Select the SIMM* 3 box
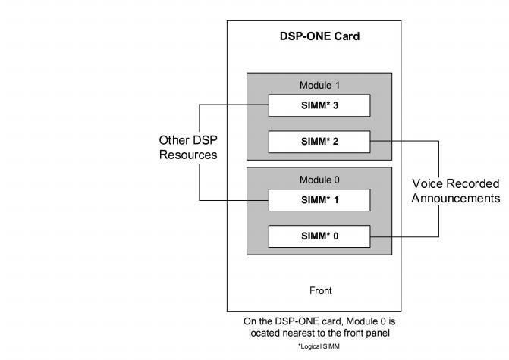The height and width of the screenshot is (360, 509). pos(319,105)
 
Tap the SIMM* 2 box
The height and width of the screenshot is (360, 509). pos(319,142)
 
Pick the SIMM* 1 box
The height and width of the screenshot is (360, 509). pos(319,200)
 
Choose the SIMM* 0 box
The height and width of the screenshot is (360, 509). pos(319,236)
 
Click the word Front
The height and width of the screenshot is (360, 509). pos(320,290)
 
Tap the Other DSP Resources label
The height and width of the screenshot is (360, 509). pos(187,147)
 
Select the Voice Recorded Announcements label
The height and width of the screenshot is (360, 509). pos(456,191)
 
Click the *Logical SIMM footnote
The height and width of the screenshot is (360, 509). pos(319,346)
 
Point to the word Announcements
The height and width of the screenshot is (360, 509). pos(456,199)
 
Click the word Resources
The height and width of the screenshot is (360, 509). pos(187,155)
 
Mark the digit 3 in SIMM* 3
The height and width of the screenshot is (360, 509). pos(336,105)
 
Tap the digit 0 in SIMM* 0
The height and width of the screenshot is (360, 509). pos(336,236)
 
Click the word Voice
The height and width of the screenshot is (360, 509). pos(428,184)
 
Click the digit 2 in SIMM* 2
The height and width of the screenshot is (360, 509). pos(336,142)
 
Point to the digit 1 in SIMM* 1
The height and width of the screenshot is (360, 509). pos(336,200)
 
